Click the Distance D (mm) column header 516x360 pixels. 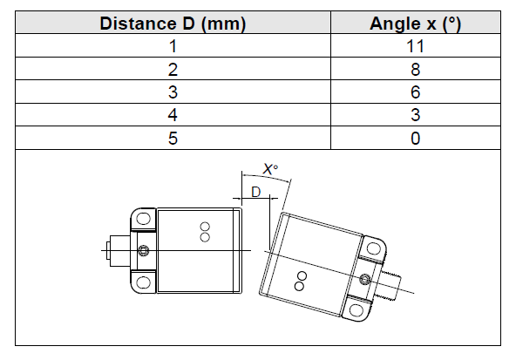(173, 24)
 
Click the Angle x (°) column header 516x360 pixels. (415, 24)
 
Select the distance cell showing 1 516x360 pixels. (173, 45)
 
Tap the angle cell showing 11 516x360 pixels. (415, 45)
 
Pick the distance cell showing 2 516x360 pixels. (173, 69)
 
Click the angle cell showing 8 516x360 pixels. (415, 69)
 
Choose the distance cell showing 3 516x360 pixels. (173, 92)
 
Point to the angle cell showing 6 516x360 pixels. (415, 92)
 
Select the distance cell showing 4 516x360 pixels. (173, 115)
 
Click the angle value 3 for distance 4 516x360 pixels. (415, 115)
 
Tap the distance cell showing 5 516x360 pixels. (173, 139)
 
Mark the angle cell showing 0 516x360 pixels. (415, 139)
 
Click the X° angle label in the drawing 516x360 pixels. (270, 169)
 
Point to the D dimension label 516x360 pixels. (255, 192)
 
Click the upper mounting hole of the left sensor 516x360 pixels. (143, 219)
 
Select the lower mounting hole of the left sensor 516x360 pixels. (143, 282)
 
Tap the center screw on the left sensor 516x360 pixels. (143, 251)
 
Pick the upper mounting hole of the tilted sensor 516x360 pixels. (373, 248)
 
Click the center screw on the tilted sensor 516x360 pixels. (364, 280)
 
